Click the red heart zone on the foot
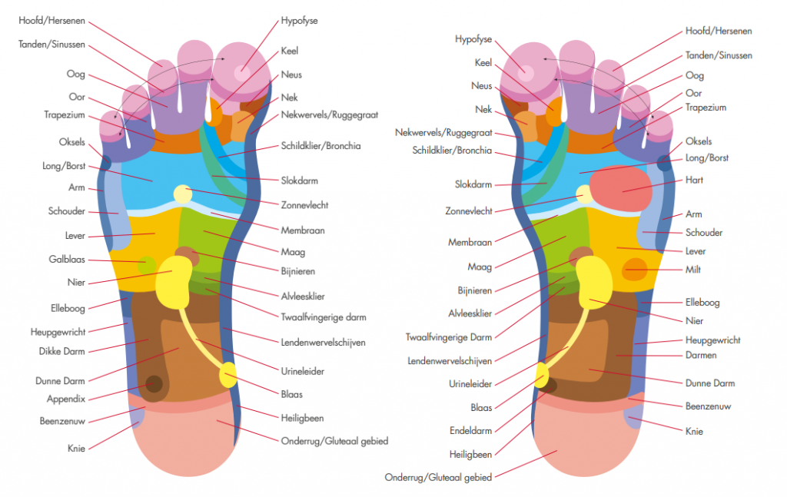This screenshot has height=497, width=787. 621,188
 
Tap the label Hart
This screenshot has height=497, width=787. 694,180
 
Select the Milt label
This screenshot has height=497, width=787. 692,270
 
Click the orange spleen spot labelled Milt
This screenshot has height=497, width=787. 635,270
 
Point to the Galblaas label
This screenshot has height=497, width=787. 67,260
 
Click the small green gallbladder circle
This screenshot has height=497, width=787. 147,265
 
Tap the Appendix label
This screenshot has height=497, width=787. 66,399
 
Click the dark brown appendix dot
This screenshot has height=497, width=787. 154,384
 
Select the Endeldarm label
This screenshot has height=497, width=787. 470,430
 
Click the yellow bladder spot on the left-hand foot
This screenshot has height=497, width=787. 228,375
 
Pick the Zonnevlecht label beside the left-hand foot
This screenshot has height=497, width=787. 304,205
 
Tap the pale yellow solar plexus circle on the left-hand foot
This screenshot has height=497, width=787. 183,194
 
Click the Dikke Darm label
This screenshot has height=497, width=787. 61,352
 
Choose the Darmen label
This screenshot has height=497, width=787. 701,355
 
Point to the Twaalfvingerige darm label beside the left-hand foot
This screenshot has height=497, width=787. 324,317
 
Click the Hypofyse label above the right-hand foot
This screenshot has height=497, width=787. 473,39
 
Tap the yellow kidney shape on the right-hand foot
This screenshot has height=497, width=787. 594,282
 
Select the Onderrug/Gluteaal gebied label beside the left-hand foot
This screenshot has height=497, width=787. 334,442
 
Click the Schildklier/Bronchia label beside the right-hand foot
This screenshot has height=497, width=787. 452,151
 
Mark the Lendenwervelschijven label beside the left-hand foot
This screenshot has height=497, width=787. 323,343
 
